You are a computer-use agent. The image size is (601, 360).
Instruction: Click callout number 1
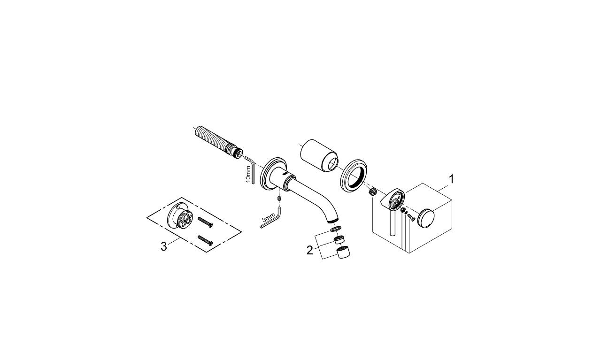[451, 179]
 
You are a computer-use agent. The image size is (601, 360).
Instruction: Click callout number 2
[309, 250]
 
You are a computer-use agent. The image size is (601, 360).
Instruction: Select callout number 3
[163, 246]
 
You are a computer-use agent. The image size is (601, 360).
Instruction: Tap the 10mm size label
[248, 174]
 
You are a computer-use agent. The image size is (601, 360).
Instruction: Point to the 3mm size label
[268, 219]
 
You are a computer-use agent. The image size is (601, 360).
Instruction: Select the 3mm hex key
[271, 222]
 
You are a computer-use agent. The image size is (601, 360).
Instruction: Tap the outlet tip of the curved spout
[332, 220]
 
